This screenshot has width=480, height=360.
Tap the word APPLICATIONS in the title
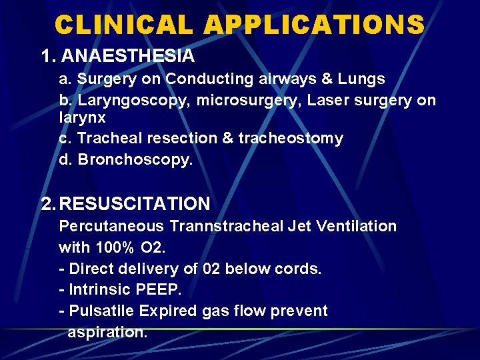pyautogui.click(x=315, y=25)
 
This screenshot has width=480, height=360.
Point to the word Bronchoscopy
pyautogui.click(x=134, y=161)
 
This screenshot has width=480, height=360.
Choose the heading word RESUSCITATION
pyautogui.click(x=135, y=203)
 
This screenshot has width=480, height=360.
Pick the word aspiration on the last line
pyautogui.click(x=107, y=333)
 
